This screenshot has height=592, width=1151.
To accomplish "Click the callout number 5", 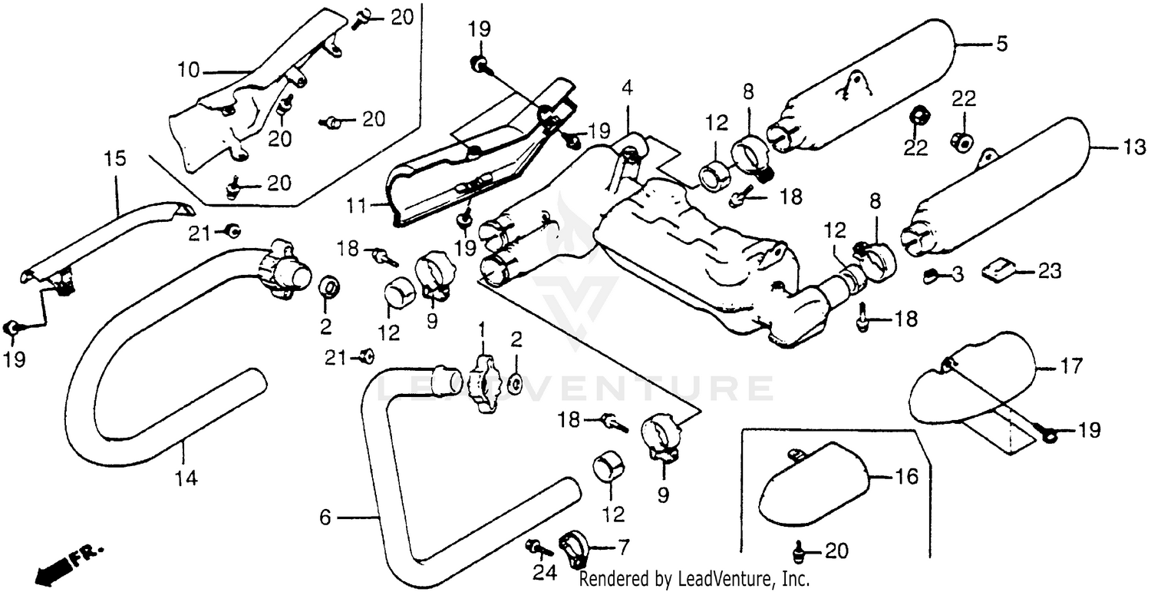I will point(1001,45).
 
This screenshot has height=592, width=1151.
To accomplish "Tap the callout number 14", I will point(185,478).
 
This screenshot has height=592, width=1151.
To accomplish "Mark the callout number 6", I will point(325,518).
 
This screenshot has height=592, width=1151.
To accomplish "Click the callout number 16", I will point(906,478).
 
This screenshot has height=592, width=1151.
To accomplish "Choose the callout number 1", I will point(482,330).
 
